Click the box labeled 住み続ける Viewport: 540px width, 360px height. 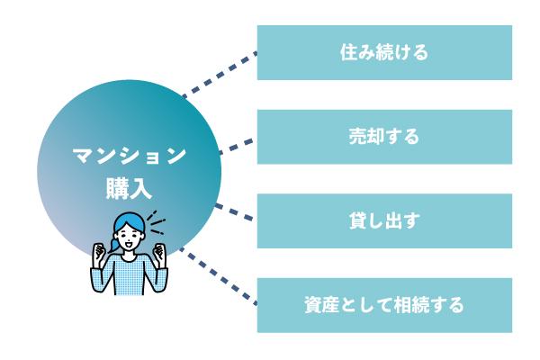pos(384,52)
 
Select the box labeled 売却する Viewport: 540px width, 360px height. pos(384,137)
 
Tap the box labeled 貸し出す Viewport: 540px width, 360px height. pos(384,220)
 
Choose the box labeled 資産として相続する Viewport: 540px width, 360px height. pos(384,305)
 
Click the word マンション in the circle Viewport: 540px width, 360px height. pos(129,156)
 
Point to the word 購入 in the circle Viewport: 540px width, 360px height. pos(129,188)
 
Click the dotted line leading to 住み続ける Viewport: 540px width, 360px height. pos(220,75)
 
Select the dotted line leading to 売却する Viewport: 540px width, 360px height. pos(237,147)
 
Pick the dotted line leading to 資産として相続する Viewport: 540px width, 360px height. pos(219,276)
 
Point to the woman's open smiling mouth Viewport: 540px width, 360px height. pos(130,245)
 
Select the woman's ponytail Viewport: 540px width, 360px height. pos(114,246)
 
